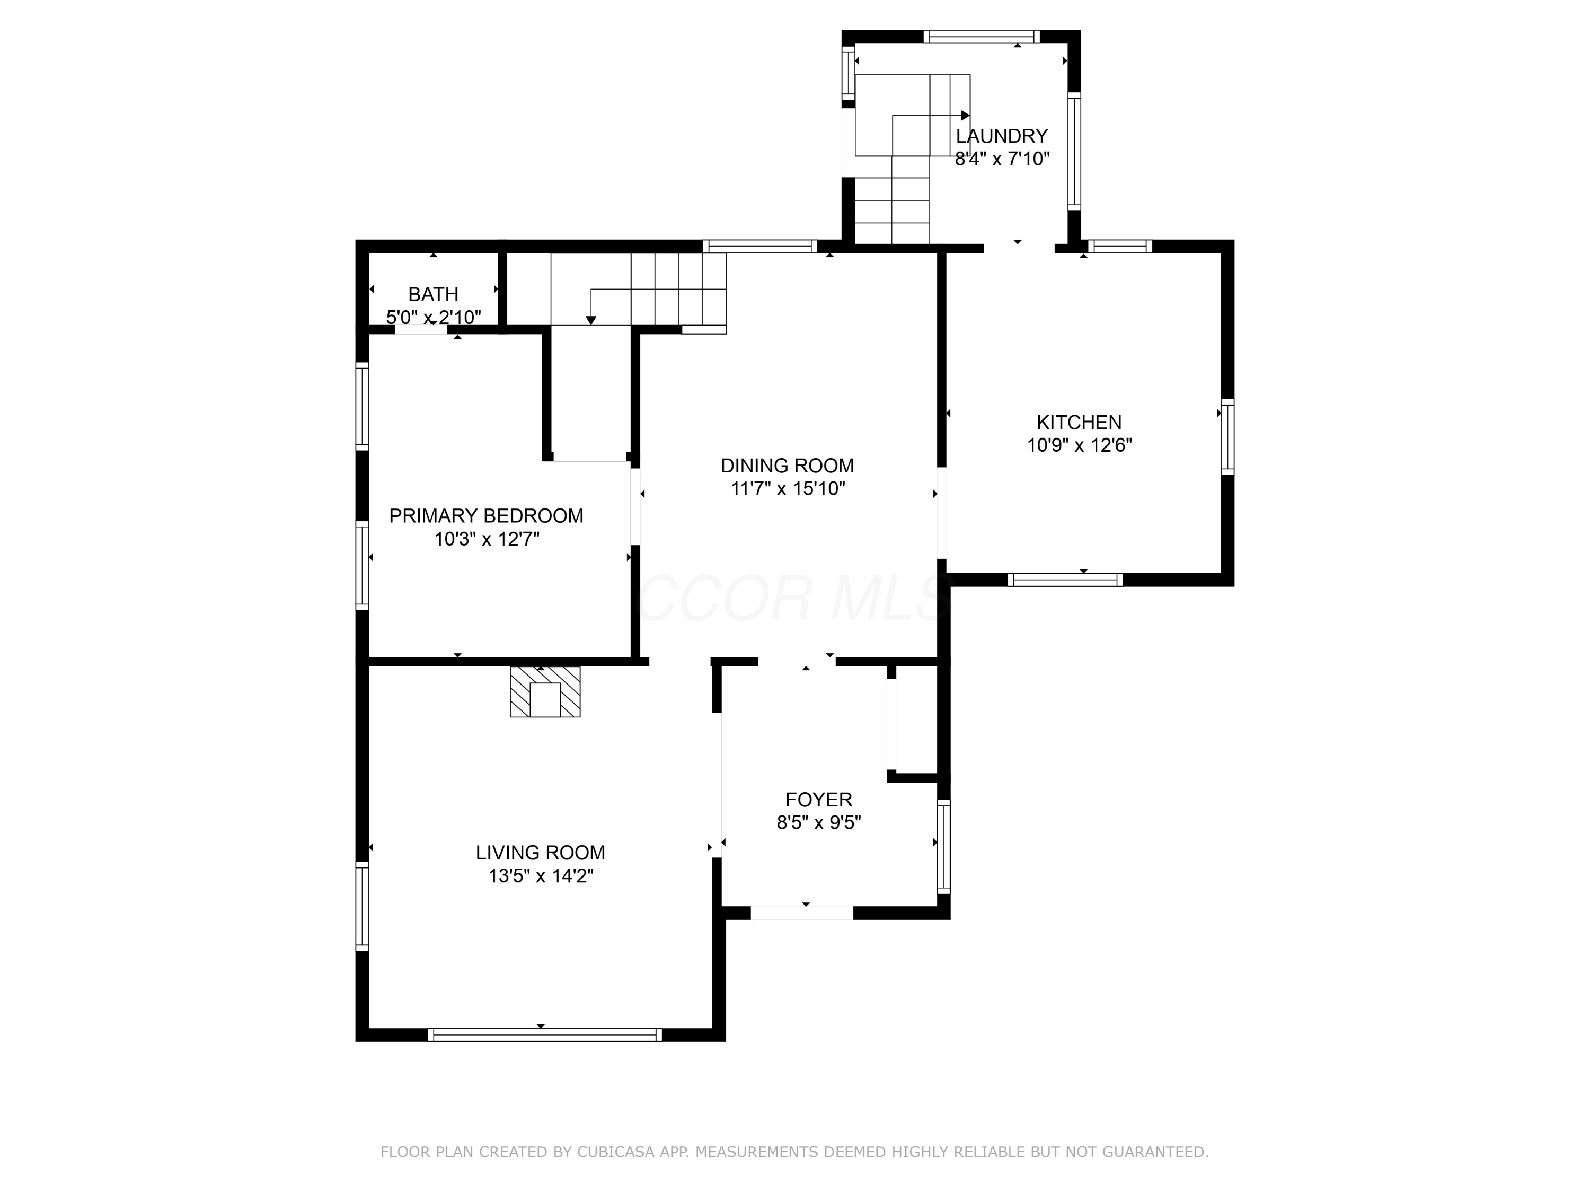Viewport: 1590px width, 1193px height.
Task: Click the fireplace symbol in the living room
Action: [x=545, y=692]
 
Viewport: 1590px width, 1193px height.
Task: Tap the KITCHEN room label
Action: [x=1078, y=422]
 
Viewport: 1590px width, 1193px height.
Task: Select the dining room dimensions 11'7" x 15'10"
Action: [x=788, y=489]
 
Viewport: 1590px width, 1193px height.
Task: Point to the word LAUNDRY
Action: [x=1001, y=136]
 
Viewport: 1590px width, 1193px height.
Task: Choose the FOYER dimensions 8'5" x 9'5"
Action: [x=819, y=822]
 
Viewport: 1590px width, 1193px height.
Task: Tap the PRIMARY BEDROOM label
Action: [x=486, y=515]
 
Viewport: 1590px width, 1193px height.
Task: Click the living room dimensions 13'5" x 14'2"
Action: [x=541, y=876]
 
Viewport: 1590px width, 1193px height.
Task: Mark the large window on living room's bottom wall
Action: [x=544, y=1035]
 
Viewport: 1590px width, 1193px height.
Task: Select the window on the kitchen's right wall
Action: [x=1227, y=436]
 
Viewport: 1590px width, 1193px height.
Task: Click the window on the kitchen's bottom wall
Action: [x=1065, y=580]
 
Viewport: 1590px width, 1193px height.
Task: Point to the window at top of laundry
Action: [x=981, y=37]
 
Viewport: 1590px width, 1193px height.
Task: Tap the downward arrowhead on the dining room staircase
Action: [x=591, y=321]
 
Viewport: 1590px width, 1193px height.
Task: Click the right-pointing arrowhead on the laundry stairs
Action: [x=965, y=116]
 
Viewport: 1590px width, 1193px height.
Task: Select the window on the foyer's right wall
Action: [x=944, y=846]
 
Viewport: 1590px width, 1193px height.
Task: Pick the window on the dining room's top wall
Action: [x=760, y=246]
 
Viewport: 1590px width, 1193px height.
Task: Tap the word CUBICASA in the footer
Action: [x=615, y=1152]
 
